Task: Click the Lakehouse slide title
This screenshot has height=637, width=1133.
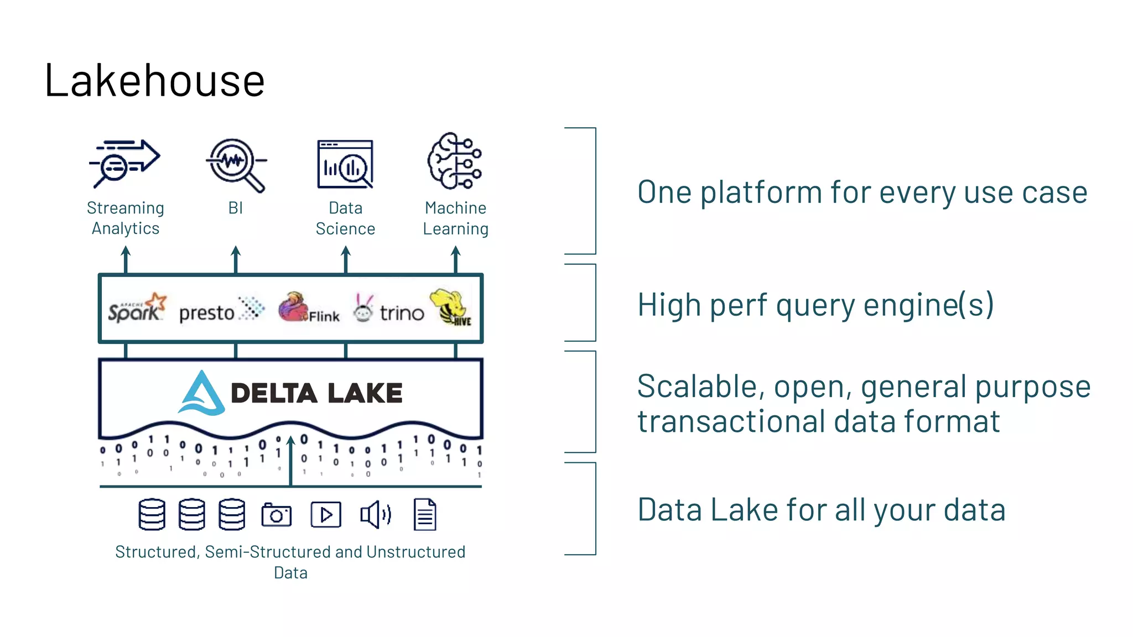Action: (x=154, y=81)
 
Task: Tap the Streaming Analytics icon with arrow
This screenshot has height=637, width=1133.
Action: (x=124, y=164)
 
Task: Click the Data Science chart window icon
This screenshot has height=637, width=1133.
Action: (x=345, y=164)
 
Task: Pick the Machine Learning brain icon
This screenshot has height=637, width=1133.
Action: (x=455, y=161)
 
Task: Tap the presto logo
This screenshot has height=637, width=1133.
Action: (x=221, y=311)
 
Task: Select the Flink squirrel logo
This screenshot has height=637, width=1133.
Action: (x=308, y=309)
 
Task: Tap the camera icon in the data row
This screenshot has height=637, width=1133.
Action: (x=276, y=515)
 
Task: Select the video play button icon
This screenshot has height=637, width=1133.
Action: (x=326, y=515)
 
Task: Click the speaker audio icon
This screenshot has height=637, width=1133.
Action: (x=376, y=515)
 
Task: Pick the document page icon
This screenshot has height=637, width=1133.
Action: (x=425, y=515)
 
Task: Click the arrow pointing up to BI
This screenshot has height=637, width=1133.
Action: (x=236, y=259)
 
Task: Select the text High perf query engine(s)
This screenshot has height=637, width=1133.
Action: (x=815, y=305)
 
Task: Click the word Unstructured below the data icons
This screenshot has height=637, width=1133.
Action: (x=415, y=552)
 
